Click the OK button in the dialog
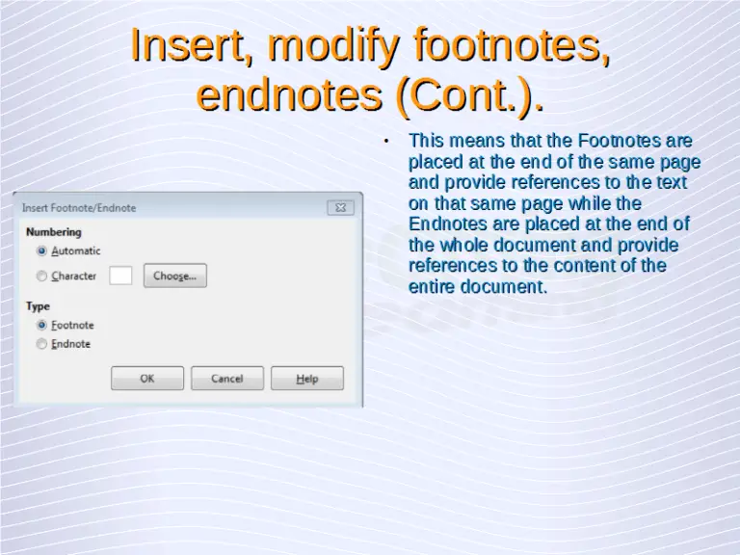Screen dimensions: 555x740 point(147,379)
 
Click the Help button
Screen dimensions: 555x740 point(307,379)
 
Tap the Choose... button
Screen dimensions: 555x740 point(174,276)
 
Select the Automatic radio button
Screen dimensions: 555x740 point(41,251)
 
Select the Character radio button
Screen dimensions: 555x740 point(41,277)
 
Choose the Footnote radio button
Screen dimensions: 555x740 point(41,326)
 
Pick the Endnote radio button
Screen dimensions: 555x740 point(41,344)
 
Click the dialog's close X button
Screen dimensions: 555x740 point(340,207)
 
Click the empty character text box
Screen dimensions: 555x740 point(120,276)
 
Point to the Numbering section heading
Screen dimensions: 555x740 point(54,232)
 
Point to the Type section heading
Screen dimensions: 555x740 point(39,306)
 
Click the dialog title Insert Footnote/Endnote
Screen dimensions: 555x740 point(79,208)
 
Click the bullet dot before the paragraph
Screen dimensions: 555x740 point(385,142)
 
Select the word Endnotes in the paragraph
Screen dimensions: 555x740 point(449,225)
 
